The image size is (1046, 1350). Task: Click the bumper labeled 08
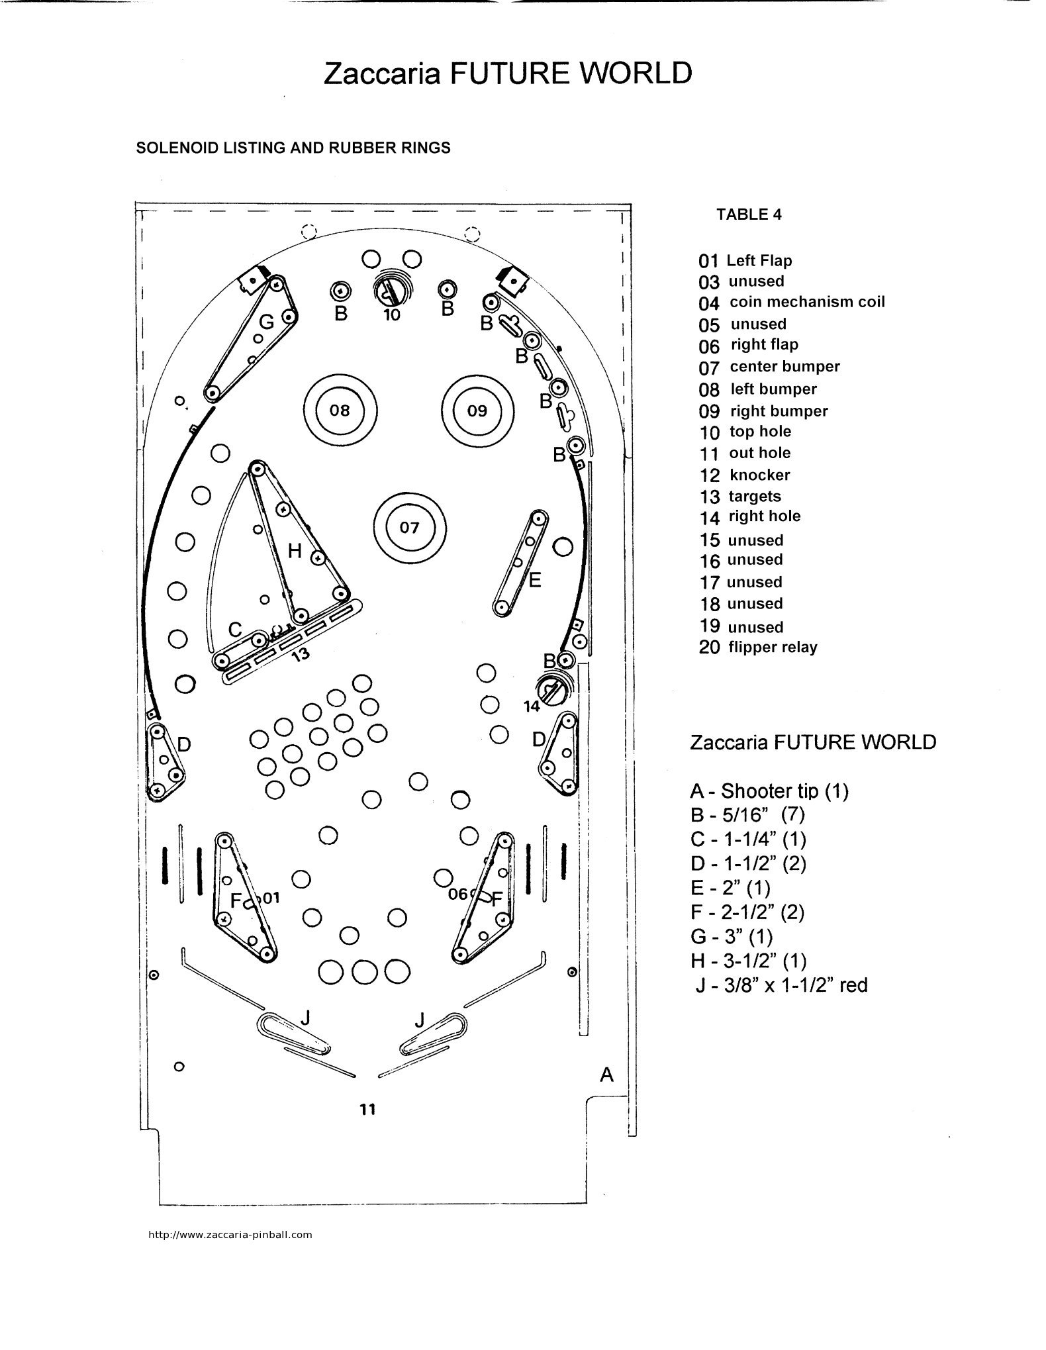click(340, 410)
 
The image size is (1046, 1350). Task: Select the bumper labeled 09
click(477, 410)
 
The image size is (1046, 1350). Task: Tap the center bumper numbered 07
click(410, 527)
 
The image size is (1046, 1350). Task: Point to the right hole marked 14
click(550, 691)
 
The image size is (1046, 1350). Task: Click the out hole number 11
click(367, 1108)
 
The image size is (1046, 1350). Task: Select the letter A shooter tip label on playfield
click(606, 1075)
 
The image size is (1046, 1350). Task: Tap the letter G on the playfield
click(266, 322)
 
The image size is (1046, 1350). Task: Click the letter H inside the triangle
click(295, 550)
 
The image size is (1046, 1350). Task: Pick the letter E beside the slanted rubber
click(535, 580)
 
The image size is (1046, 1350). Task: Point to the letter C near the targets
click(235, 629)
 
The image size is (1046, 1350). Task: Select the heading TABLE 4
click(749, 215)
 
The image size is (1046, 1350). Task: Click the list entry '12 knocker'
click(745, 475)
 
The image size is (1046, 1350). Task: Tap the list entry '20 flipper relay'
click(758, 648)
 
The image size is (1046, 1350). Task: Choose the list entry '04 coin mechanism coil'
click(791, 303)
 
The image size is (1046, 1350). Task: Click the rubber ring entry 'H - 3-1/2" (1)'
click(748, 960)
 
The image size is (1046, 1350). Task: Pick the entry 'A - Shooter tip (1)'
click(769, 791)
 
